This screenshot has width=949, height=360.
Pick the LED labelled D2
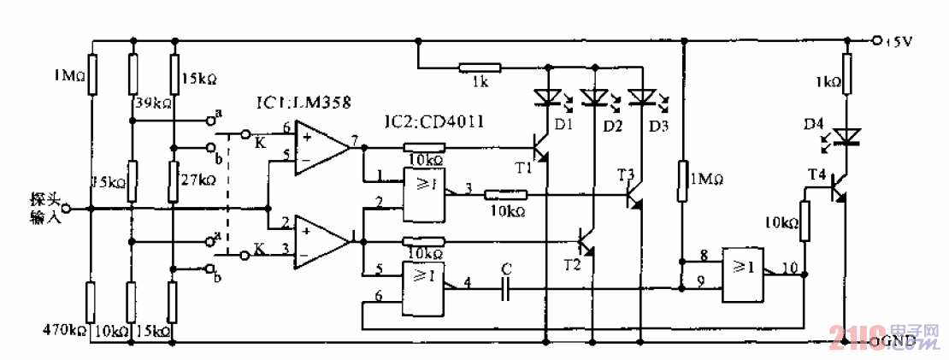click(592, 98)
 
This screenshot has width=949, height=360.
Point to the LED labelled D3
click(640, 98)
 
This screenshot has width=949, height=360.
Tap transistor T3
click(634, 199)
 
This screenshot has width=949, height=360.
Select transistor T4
click(838, 190)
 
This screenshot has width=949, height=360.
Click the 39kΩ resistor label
click(154, 103)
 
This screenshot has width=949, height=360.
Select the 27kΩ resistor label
click(198, 180)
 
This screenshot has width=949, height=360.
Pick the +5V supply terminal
click(876, 39)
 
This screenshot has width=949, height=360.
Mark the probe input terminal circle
click(90, 208)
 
